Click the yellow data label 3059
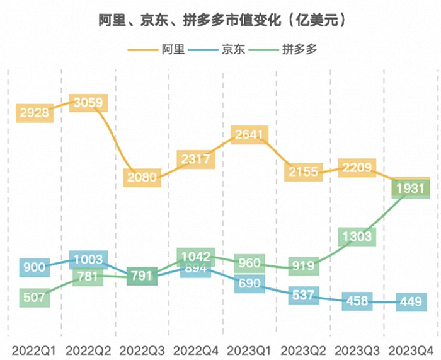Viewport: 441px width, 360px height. point(89,103)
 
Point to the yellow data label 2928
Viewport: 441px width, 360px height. point(34,113)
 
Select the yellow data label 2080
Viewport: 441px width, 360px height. point(142,177)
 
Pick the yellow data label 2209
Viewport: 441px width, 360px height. point(358,168)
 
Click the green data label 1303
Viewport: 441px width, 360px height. point(357,237)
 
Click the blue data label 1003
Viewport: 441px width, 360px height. point(89,260)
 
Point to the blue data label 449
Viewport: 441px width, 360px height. point(411,302)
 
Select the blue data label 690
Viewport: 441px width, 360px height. point(249,284)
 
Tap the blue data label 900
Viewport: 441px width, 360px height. point(34,267)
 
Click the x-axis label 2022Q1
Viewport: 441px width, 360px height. point(33,349)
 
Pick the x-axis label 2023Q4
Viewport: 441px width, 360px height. point(411,349)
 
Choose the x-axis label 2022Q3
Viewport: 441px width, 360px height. point(142,349)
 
